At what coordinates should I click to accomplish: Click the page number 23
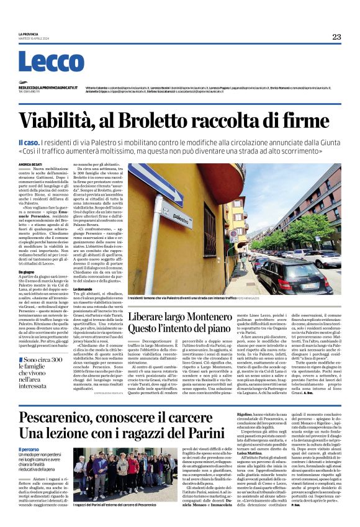(x=336, y=37)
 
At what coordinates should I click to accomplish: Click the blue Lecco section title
(x=51, y=62)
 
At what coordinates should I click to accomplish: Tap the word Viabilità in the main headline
(x=75, y=120)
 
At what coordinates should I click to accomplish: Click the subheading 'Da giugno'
(x=27, y=271)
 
